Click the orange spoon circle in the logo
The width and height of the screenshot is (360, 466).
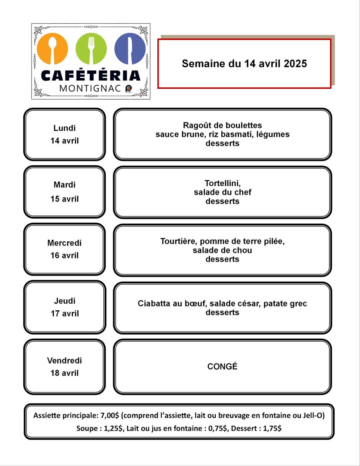[52, 49]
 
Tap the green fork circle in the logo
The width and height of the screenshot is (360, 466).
[91, 49]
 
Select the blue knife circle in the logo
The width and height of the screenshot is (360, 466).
[130, 49]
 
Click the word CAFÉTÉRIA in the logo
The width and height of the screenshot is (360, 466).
[91, 76]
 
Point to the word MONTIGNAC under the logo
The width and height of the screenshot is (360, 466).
[90, 88]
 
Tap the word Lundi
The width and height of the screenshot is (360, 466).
[64, 128]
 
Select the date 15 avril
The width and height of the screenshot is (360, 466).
[64, 199]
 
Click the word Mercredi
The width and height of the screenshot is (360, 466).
[64, 243]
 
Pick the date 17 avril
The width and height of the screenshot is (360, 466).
[65, 313]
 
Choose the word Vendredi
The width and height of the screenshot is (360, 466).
[64, 360]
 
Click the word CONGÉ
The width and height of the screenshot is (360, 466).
[222, 366]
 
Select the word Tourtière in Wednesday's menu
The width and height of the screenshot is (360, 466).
[179, 241]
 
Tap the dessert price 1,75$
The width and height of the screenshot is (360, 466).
[272, 428]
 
